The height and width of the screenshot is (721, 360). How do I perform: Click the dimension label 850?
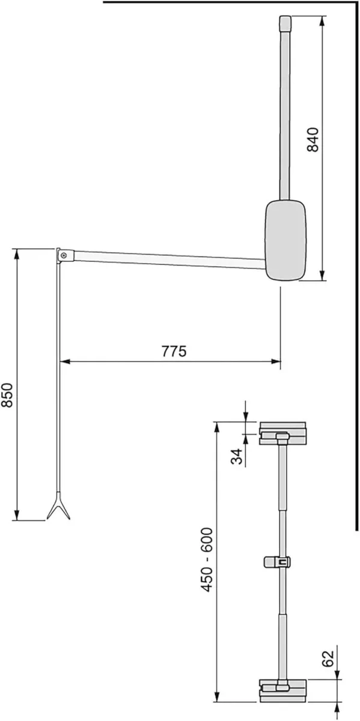click(x=8, y=396)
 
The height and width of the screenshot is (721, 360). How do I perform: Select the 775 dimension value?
click(x=174, y=351)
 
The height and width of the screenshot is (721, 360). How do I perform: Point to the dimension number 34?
click(x=237, y=457)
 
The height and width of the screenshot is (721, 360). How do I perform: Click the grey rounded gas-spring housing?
click(x=285, y=240)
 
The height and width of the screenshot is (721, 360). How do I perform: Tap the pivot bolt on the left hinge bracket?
click(x=63, y=255)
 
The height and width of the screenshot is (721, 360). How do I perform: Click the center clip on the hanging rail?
click(x=278, y=561)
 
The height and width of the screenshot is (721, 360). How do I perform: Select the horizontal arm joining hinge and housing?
click(x=168, y=256)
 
